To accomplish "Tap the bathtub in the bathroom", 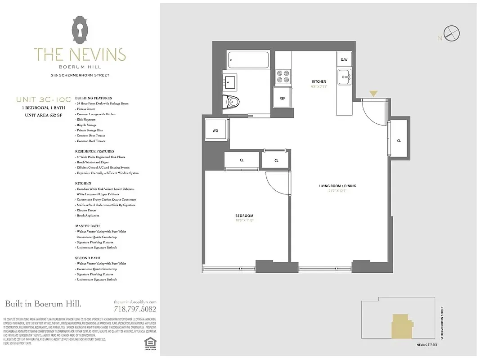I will pos(248,60).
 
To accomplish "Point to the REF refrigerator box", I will pos(282,98).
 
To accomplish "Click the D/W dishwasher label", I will pos(344,60).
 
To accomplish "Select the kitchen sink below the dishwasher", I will pos(345,77).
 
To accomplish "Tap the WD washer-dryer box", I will pos(215,131).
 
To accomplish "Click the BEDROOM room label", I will pos(245,216).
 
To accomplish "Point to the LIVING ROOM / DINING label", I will pos(337,186).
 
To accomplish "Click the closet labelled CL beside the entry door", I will pos(399,140).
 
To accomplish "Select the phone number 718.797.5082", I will pos(135,309).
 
